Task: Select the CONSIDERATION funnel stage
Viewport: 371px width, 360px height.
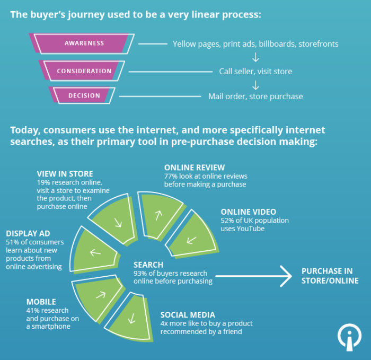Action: (x=84, y=71)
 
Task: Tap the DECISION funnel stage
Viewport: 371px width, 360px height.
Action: (x=84, y=96)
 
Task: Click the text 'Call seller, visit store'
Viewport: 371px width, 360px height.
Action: (x=255, y=71)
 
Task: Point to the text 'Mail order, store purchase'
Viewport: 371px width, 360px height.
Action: (x=255, y=96)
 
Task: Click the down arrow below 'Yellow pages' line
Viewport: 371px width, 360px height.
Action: (x=255, y=57)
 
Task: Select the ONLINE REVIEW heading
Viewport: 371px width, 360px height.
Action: (x=195, y=168)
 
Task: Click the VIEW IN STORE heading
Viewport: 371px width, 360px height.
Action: (x=65, y=173)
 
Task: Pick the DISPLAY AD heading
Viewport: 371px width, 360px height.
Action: (x=29, y=233)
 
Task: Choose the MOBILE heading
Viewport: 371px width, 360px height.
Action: (x=41, y=302)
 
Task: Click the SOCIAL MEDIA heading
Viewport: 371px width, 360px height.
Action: (x=188, y=315)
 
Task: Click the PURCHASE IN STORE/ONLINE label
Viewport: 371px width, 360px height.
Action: (x=330, y=276)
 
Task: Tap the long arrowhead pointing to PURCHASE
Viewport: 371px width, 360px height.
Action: (x=286, y=276)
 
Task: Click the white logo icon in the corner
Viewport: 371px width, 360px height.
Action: (x=349, y=337)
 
